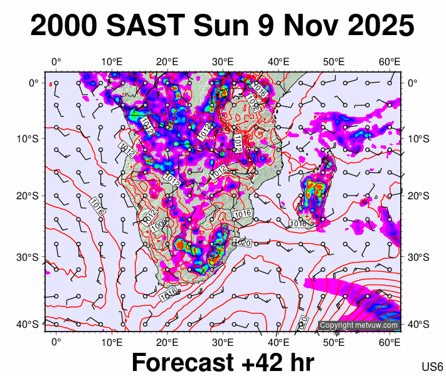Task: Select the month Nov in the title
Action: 305,26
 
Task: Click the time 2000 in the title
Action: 63,26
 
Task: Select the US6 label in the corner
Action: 433,367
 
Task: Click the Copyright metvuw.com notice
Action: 359,325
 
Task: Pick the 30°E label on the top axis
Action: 223,61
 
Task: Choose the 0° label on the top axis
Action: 56,61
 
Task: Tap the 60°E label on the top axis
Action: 390,61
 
